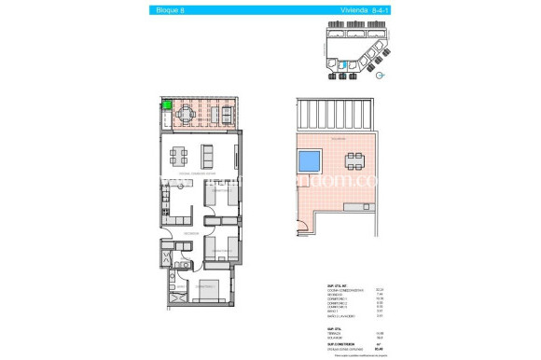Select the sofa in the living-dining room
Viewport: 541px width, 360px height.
pos(208,154)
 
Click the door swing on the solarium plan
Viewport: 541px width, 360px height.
pos(301,223)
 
